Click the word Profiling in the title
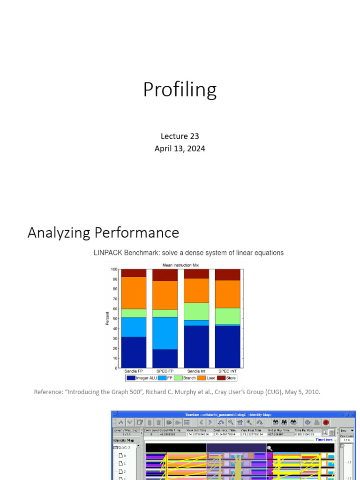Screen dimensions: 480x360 pos(180,90)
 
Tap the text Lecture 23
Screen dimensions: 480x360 pos(180,136)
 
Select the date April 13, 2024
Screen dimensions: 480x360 pos(180,149)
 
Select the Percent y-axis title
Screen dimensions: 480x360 pos(107,318)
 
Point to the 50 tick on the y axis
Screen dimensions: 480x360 pos(115,319)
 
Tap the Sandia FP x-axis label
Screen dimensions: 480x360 pos(134,371)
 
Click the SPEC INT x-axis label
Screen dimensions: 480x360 pos(228,371)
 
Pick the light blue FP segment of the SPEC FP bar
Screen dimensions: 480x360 pos(165,333)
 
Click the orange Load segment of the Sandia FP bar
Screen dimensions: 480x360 pos(134,293)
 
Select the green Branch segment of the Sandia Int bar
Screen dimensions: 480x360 pos(196,312)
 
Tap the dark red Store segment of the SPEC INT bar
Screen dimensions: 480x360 pos(228,275)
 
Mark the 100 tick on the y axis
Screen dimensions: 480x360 pos(114,269)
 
